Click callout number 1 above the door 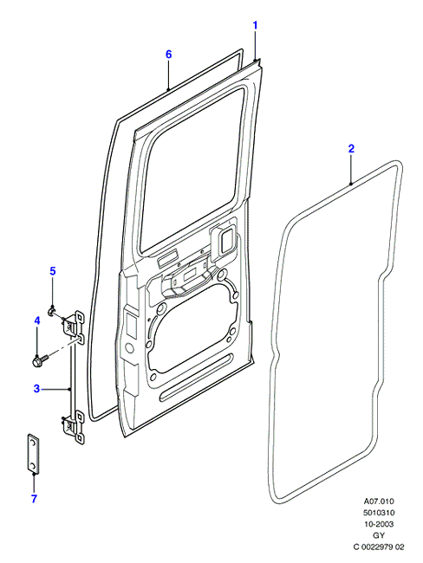(255, 25)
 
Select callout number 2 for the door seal (351, 148)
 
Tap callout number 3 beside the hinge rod (36, 389)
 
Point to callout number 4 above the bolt (37, 320)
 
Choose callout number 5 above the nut (53, 271)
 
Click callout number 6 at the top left (168, 55)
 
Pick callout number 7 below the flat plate (34, 499)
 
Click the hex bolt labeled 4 (40, 359)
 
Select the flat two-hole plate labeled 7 (33, 454)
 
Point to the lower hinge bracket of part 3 (74, 428)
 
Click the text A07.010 (379, 501)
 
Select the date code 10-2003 (379, 524)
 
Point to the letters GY (379, 535)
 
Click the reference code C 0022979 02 (379, 547)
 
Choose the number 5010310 (379, 513)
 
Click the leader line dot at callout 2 (351, 184)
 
